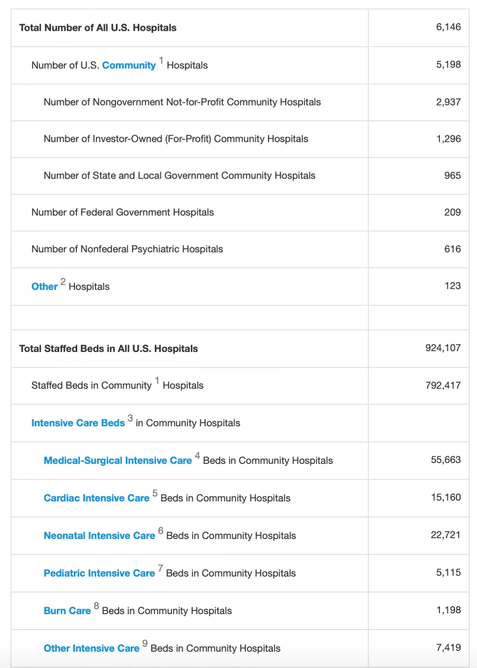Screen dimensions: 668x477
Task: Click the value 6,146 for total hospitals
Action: pos(448,27)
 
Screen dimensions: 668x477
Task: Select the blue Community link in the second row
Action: pos(129,65)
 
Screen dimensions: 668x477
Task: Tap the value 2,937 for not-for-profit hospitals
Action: pos(448,102)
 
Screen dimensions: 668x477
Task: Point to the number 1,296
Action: pos(448,139)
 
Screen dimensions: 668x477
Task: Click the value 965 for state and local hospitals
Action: pos(452,175)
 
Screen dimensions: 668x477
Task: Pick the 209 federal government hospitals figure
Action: pos(452,212)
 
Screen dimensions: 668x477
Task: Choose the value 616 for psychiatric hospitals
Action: pos(452,249)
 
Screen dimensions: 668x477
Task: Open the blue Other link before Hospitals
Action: pos(44,286)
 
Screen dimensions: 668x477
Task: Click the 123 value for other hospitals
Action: pos(452,286)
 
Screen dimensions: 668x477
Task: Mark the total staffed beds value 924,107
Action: pos(443,348)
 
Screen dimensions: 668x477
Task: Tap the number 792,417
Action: pos(443,385)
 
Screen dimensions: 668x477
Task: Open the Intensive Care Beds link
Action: pos(78,423)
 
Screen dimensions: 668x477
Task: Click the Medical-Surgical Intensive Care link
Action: pos(118,461)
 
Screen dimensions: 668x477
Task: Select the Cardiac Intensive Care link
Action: pos(96,498)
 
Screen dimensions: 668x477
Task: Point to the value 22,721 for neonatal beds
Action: pos(445,535)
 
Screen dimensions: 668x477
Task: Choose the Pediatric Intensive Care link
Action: pos(99,573)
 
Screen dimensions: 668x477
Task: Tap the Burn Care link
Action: pos(67,611)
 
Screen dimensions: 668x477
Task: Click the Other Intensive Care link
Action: pos(91,648)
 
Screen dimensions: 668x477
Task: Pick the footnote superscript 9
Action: pos(145,643)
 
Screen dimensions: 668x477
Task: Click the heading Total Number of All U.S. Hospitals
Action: pos(98,28)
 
